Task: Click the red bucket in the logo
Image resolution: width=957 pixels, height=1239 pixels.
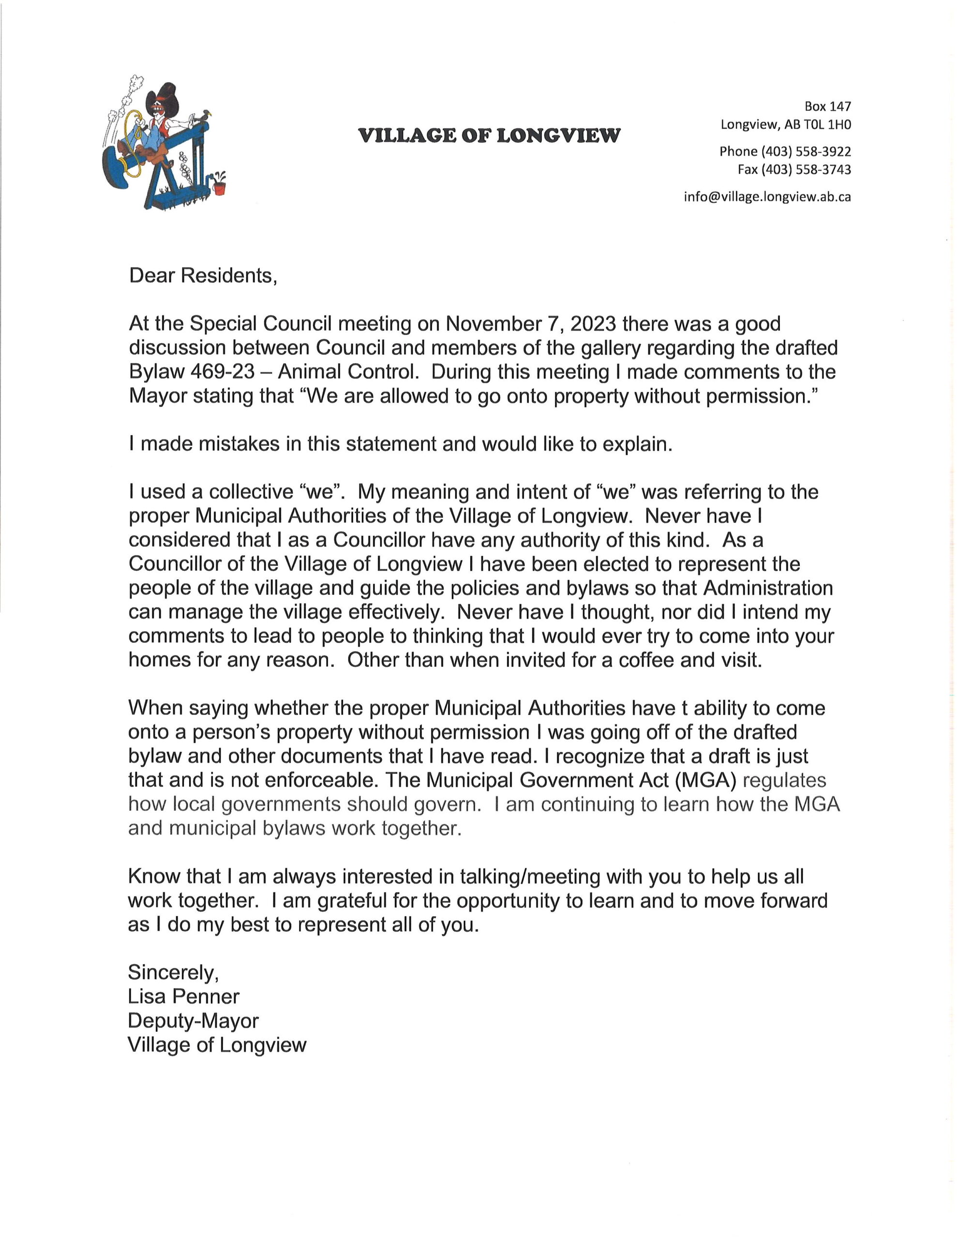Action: click(x=220, y=187)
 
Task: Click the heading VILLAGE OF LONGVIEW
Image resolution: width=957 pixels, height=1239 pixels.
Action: click(x=490, y=136)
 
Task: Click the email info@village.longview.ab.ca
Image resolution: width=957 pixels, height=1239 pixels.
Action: click(x=767, y=197)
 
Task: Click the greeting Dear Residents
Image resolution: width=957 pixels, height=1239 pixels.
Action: click(x=203, y=276)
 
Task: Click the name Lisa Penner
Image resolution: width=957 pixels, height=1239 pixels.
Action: click(x=184, y=997)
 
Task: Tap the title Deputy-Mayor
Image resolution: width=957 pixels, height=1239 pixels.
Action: click(x=193, y=1021)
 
